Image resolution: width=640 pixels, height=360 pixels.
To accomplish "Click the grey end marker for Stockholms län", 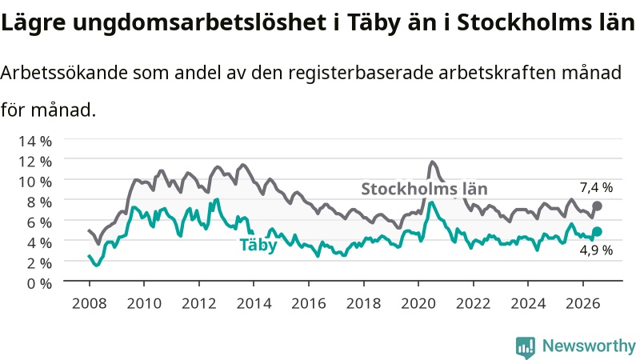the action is [x=597, y=206].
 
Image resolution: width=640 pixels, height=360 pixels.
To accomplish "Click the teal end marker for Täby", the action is [x=597, y=231].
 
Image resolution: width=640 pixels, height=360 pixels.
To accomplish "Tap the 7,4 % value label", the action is [x=596, y=187].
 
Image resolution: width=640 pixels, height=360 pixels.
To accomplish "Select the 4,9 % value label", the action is [x=596, y=250].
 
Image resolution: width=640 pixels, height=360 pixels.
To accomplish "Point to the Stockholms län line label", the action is [x=425, y=189].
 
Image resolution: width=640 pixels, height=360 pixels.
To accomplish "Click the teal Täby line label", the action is [x=258, y=245].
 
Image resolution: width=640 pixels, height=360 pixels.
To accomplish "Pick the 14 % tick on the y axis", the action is [x=35, y=142].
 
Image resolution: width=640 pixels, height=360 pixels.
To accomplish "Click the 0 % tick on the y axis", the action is [x=39, y=283].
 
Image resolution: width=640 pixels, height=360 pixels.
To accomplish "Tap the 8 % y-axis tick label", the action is [x=39, y=202].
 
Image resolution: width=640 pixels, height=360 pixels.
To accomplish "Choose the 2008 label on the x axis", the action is [x=90, y=304].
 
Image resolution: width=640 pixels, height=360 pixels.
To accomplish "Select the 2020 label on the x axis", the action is [x=418, y=304].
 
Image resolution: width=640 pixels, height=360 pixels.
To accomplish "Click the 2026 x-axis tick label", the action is [x=583, y=304].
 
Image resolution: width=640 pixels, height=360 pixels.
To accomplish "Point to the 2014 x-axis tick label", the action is [x=254, y=304].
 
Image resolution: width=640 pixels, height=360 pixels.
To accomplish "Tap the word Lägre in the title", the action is [x=33, y=23].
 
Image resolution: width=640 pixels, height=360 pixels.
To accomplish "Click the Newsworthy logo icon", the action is [x=526, y=346].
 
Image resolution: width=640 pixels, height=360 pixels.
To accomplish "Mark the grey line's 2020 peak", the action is [x=432, y=162].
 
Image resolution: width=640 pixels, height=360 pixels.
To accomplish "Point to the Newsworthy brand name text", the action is [x=589, y=346].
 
